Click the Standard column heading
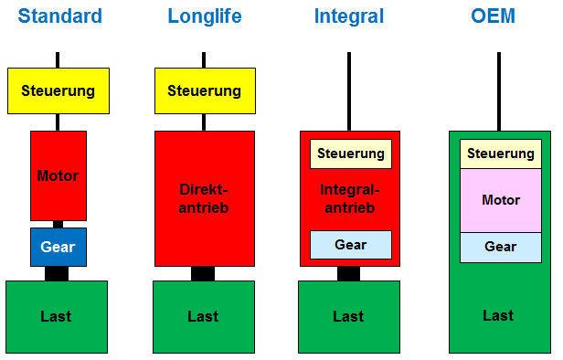tap(59, 16)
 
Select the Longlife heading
tap(203, 16)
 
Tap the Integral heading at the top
tap(349, 16)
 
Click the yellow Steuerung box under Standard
tap(58, 90)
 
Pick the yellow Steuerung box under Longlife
tap(204, 90)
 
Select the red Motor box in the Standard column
tap(58, 175)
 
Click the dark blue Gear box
tap(58, 247)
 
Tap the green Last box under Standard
tap(57, 316)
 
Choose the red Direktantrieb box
tap(204, 198)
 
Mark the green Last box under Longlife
tap(203, 316)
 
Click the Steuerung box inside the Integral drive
tap(350, 154)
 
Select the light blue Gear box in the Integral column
tap(350, 245)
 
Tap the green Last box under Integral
tap(348, 316)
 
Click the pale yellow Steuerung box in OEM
tap(500, 154)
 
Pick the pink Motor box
tap(500, 200)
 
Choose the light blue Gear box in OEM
tap(500, 247)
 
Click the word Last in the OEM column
tap(498, 315)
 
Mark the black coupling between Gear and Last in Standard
tap(57, 273)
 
